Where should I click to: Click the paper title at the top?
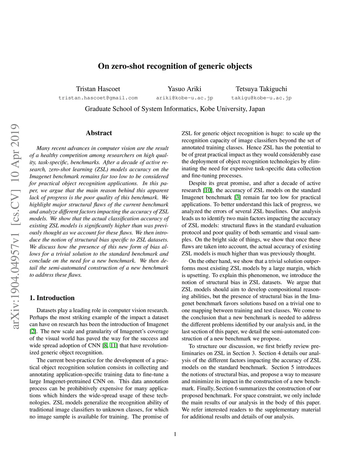coord(175,66)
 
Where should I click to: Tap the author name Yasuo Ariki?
coord(185,89)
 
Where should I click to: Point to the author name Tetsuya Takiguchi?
coord(261,89)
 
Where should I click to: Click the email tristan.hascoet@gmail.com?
coord(98,98)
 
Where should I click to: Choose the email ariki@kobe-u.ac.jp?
coord(185,98)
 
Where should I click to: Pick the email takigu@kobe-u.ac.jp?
coord(261,98)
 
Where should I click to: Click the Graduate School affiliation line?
coord(175,109)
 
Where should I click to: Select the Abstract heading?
coord(99,133)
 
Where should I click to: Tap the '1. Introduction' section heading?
coord(52,298)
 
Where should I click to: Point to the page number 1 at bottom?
coord(175,434)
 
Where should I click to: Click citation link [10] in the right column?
coord(208,190)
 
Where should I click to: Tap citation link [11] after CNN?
coord(114,345)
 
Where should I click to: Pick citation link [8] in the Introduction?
coord(105,345)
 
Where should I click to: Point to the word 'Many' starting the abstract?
coord(43,148)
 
